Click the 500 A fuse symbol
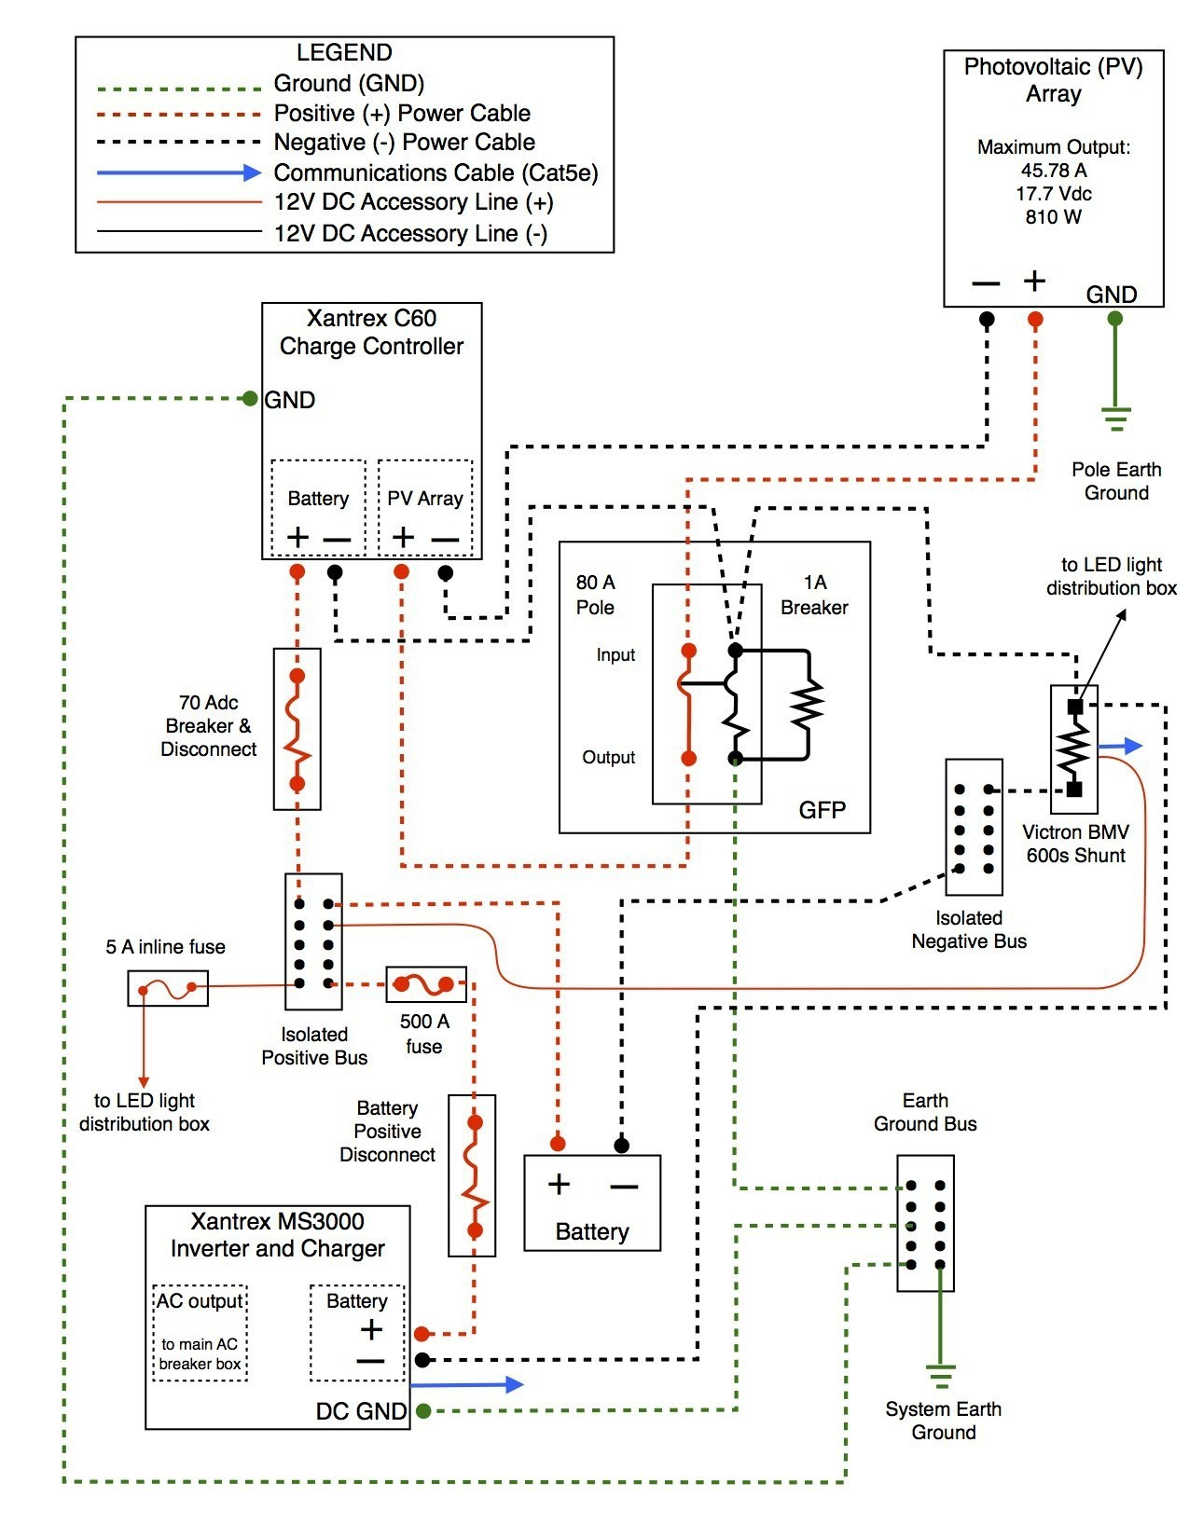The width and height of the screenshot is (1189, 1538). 425,984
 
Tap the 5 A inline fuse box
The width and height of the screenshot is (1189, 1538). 168,988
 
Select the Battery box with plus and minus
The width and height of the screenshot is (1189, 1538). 592,1202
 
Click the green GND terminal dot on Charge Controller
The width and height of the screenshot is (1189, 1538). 250,399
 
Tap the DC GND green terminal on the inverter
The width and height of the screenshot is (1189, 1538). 423,1411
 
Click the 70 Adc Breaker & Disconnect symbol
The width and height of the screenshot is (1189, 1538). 297,729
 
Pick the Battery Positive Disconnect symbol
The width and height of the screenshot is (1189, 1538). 474,1175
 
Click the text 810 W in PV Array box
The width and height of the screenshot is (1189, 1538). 1053,217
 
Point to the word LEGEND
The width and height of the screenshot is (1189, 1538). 344,53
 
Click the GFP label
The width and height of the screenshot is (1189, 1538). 822,810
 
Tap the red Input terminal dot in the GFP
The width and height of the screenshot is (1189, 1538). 688,650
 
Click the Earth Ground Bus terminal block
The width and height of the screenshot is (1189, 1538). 925,1223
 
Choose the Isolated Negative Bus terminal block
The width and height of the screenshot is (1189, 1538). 974,827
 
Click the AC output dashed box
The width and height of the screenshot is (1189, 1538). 200,1333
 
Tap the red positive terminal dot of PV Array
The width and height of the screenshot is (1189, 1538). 1035,320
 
